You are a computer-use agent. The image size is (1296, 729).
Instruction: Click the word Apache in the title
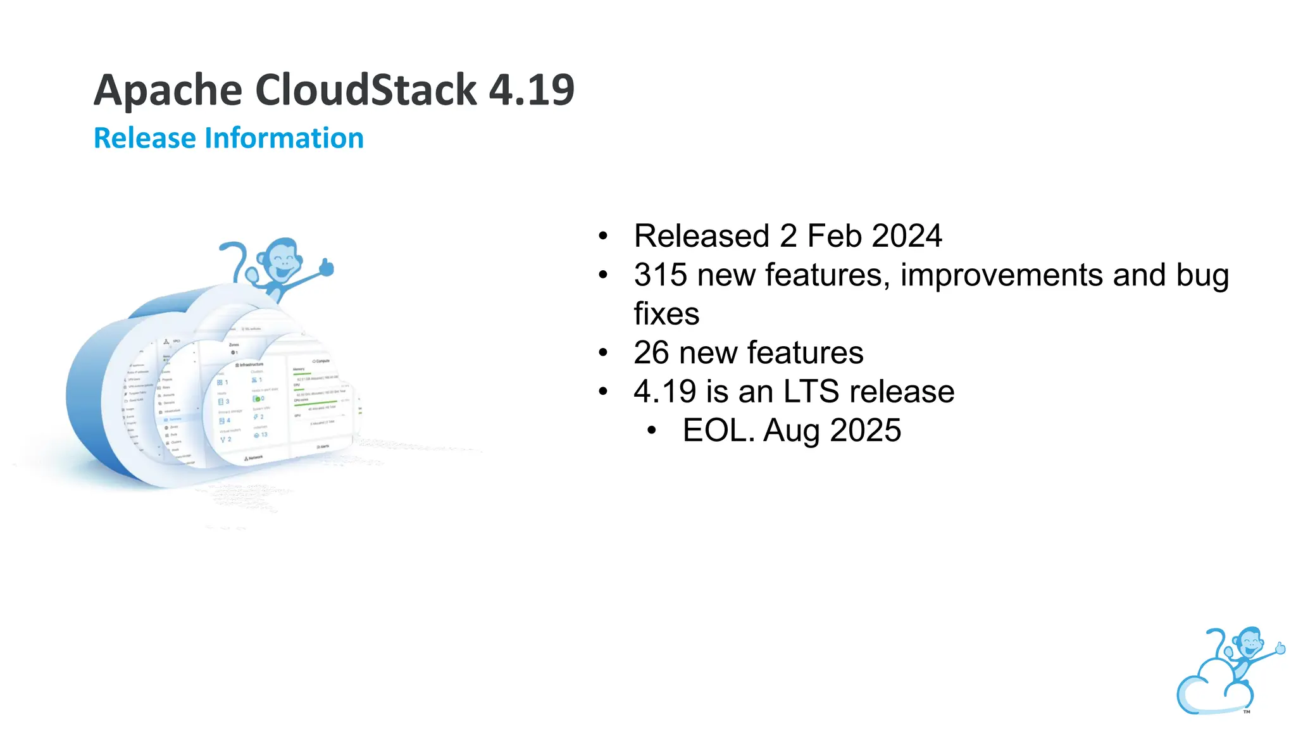(168, 90)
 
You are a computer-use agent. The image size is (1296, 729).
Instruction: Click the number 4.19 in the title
(532, 90)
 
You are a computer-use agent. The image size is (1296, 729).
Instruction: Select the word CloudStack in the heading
(365, 90)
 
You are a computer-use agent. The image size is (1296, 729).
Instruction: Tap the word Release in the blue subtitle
(144, 138)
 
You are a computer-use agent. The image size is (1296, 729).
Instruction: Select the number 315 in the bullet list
(660, 275)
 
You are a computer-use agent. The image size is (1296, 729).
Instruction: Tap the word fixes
(666, 314)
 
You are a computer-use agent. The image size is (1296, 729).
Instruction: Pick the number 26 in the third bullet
(651, 353)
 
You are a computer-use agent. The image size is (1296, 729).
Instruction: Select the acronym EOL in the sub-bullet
(718, 431)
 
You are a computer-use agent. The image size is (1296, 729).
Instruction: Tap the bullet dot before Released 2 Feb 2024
(603, 237)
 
